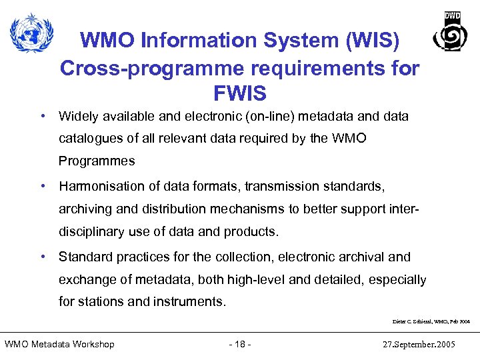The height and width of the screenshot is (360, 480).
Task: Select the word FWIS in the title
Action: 239,92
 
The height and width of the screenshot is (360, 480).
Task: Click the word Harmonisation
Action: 101,187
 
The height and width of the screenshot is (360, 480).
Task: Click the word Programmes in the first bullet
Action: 97,161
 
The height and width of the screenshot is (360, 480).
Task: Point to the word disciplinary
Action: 90,231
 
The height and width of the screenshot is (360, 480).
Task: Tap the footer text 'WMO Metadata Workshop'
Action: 59,344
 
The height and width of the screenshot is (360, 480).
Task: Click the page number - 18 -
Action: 239,344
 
